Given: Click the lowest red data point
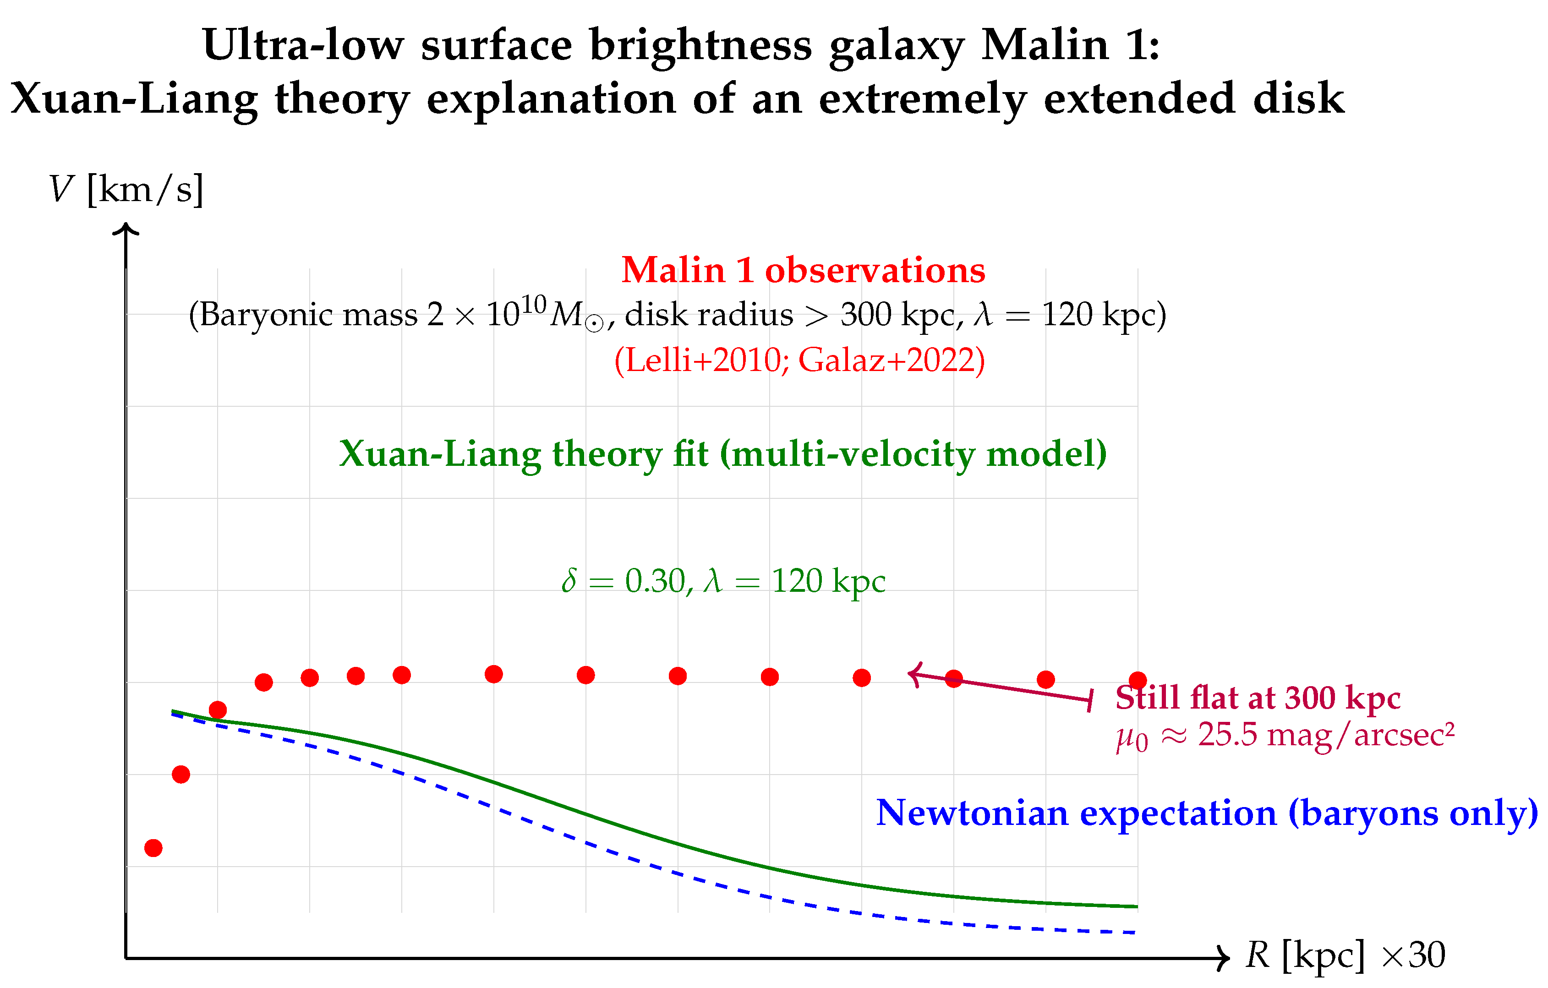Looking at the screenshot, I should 153,848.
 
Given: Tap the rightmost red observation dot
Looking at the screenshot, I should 1138,680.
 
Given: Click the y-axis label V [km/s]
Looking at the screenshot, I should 126,190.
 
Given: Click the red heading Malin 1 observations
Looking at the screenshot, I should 803,270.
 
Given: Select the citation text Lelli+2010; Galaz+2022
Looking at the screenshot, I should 799,360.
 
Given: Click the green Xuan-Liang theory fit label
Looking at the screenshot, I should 722,454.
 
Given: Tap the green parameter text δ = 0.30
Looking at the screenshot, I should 627,581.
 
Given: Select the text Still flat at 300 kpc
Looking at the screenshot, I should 1258,698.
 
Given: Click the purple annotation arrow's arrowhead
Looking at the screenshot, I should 913,674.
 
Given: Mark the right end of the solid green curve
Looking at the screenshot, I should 1136,906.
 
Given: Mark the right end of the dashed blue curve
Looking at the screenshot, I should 1135,932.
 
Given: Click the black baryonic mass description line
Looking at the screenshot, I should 677,315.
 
